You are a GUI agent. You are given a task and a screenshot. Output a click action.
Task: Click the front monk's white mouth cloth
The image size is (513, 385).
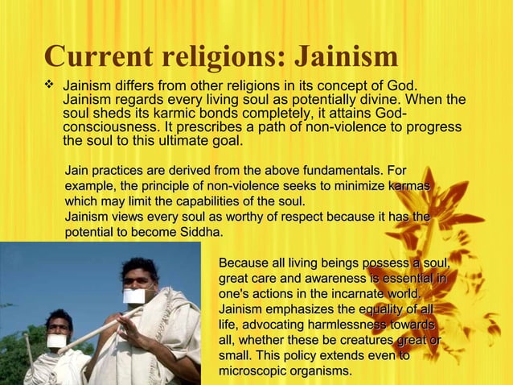point(134,296)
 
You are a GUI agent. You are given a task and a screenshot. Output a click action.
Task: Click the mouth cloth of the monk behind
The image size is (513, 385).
point(55,341)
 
